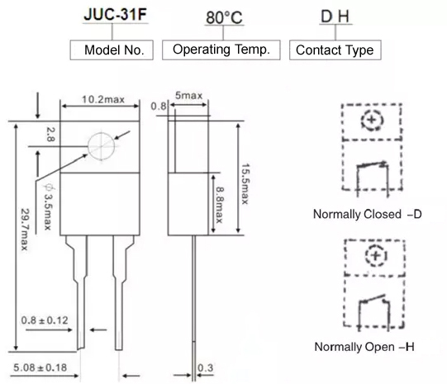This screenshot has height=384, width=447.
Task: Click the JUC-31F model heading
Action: click(x=115, y=14)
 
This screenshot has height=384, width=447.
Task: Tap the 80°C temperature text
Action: click(x=224, y=17)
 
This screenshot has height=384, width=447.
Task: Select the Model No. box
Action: click(x=112, y=50)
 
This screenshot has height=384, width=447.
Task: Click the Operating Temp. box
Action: click(x=221, y=50)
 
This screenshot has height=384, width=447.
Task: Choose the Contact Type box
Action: click(x=335, y=50)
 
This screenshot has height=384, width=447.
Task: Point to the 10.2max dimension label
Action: click(x=103, y=99)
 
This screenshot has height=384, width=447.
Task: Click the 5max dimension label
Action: click(x=188, y=95)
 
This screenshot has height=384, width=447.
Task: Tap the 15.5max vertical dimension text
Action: click(x=245, y=183)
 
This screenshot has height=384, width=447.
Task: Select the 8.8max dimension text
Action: click(x=219, y=205)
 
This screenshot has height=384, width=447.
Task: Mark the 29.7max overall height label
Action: click(x=25, y=230)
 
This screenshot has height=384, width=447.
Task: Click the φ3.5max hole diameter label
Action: click(x=48, y=206)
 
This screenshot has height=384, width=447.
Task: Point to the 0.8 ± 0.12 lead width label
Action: click(x=45, y=320)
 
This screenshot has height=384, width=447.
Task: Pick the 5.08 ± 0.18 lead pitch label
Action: click(x=40, y=367)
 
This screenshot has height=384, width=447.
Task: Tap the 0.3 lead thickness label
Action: click(x=205, y=367)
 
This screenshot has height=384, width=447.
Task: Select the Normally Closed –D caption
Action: click(x=368, y=214)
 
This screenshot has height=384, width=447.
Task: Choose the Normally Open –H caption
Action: click(x=364, y=347)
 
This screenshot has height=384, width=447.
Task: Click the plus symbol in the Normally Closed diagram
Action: click(x=372, y=120)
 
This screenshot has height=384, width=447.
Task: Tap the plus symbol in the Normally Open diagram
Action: click(x=376, y=255)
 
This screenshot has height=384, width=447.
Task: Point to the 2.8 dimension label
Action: click(x=50, y=135)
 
